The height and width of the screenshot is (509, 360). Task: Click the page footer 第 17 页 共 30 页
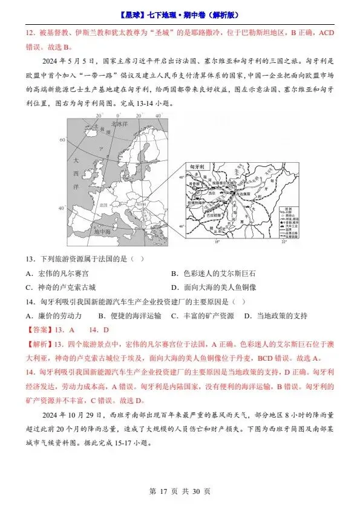[180, 491]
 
